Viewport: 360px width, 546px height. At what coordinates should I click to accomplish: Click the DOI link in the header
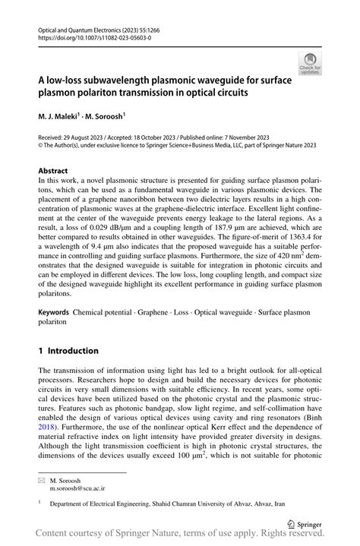point(88,36)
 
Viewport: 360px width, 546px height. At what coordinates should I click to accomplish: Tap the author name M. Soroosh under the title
point(103,117)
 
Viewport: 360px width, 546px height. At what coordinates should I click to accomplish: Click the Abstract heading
point(52,170)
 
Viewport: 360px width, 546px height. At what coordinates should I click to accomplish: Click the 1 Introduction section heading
point(68,351)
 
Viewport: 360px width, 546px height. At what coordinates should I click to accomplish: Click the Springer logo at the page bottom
point(306,524)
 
